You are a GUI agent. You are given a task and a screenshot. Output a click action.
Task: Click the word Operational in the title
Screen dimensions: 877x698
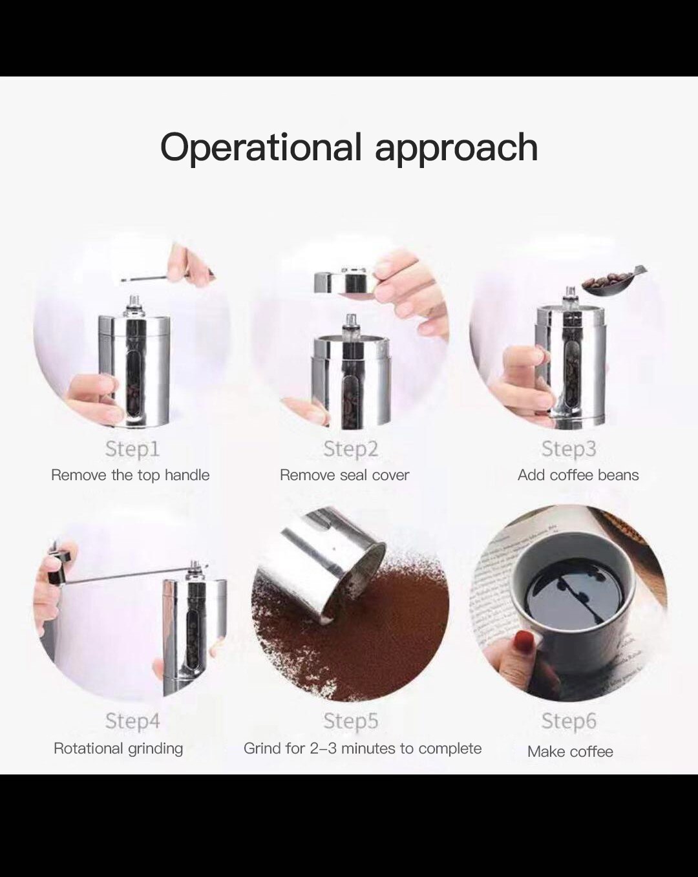click(x=260, y=147)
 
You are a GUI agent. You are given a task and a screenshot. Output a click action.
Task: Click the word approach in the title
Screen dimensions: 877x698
click(x=456, y=148)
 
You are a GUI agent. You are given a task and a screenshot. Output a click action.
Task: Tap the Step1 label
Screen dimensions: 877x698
click(x=132, y=449)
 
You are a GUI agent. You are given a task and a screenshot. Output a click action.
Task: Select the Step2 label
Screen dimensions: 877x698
click(x=350, y=449)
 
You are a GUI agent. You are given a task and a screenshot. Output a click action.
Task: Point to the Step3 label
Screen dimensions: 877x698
click(x=569, y=449)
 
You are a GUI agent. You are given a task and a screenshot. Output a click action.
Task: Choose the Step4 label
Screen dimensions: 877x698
click(x=132, y=721)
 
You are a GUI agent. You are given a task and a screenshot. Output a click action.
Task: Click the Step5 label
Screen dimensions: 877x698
click(x=350, y=721)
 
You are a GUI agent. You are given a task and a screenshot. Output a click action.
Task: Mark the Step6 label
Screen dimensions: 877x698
click(x=569, y=721)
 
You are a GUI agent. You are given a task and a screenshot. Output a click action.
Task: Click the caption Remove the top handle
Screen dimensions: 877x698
click(x=130, y=475)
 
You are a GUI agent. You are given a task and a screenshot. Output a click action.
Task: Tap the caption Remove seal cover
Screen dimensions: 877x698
click(x=344, y=475)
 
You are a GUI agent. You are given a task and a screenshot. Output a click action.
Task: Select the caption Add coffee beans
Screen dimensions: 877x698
click(x=578, y=475)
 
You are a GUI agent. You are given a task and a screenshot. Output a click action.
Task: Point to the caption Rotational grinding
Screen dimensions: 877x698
click(x=118, y=748)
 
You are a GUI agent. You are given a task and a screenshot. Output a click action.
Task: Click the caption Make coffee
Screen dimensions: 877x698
click(x=570, y=752)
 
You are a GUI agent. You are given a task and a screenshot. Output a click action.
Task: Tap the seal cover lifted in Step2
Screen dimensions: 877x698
click(x=343, y=282)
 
